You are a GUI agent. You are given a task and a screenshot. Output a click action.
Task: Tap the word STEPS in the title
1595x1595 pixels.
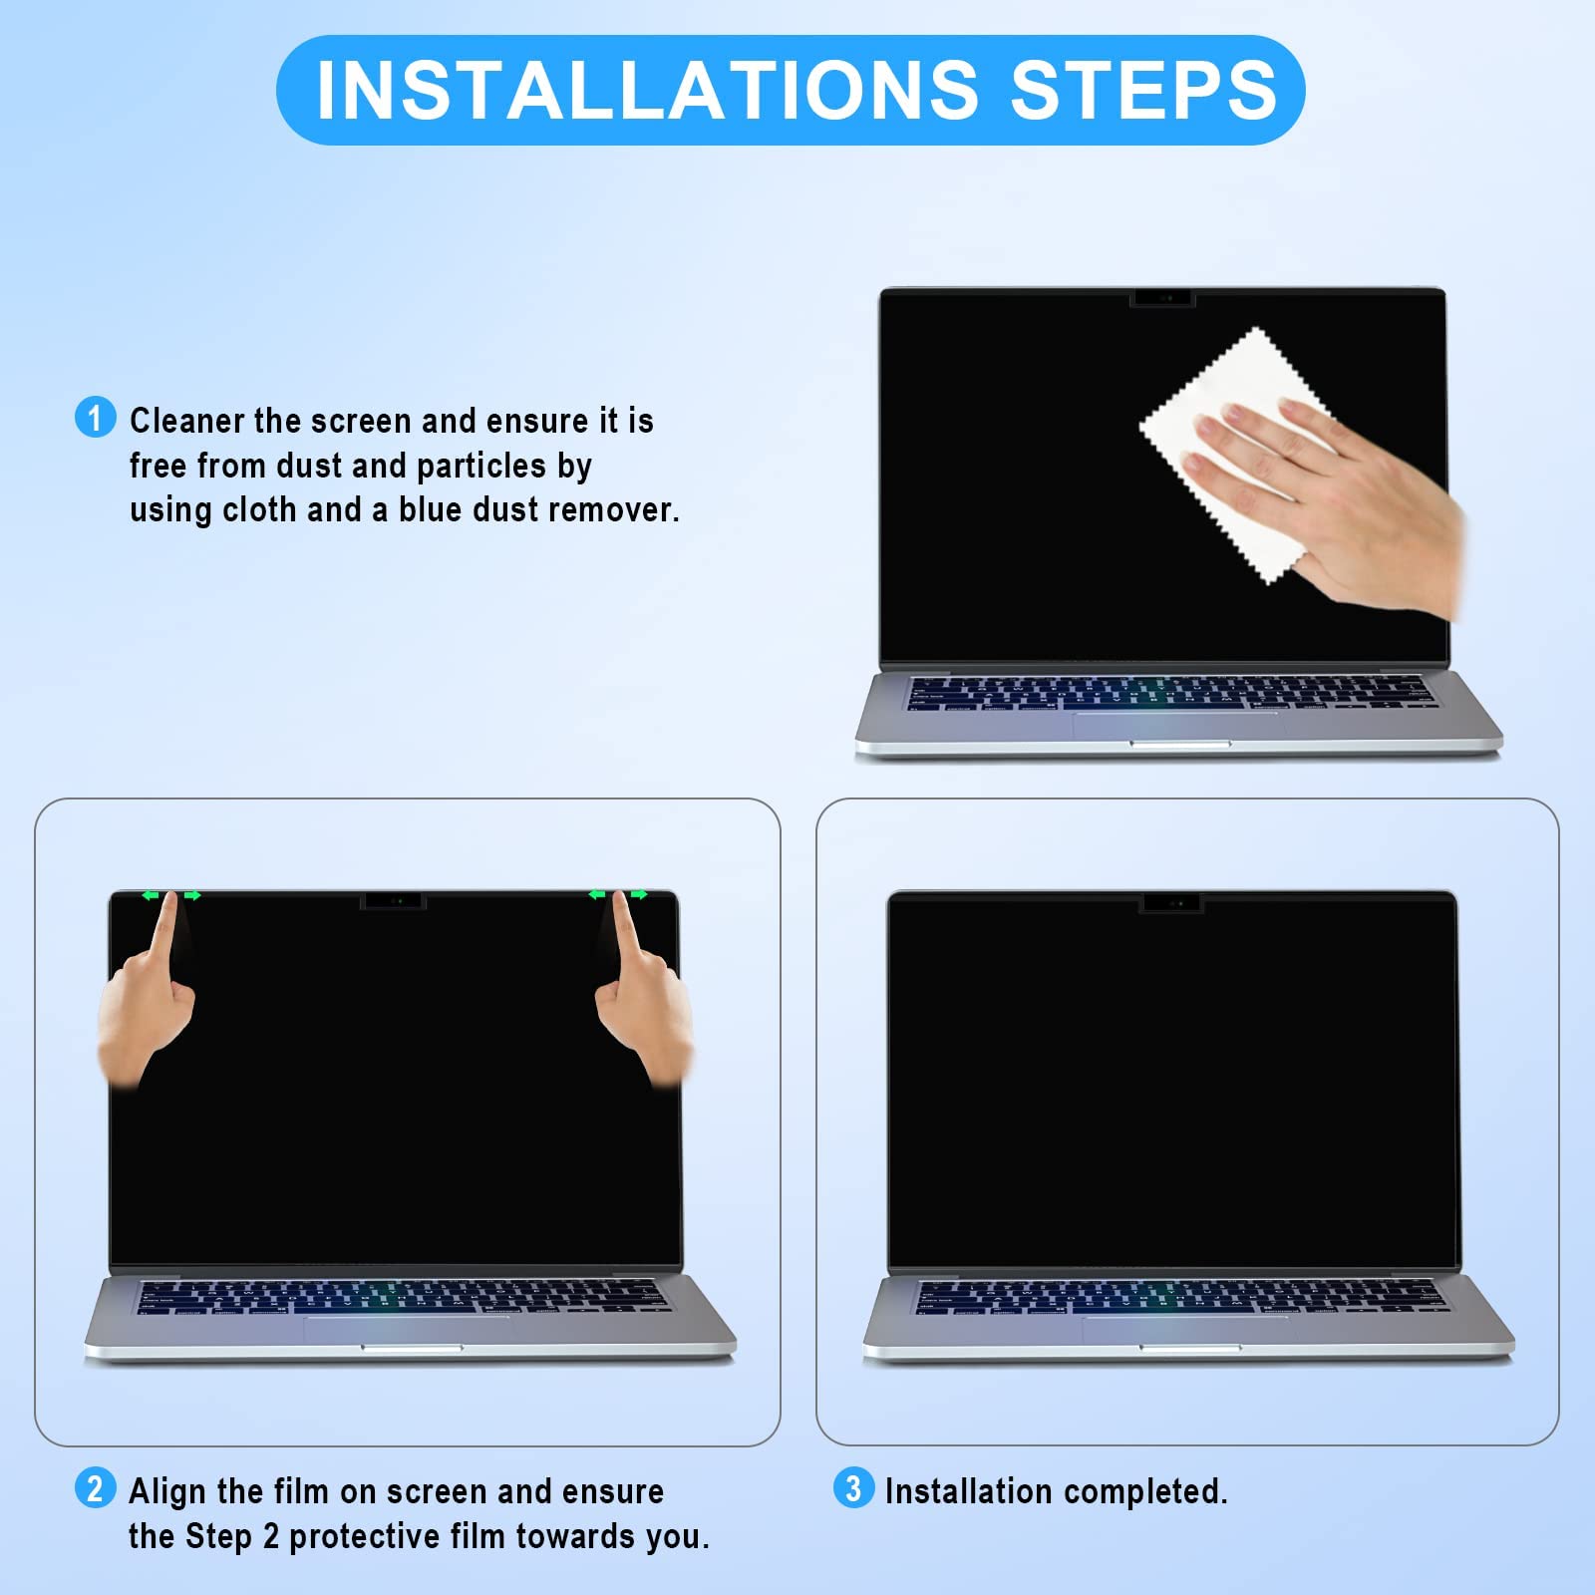click(1143, 90)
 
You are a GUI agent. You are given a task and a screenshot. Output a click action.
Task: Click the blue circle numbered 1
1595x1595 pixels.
click(96, 417)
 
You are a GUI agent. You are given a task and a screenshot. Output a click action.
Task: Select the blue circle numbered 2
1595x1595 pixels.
click(95, 1488)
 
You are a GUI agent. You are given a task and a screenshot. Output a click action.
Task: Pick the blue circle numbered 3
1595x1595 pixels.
click(853, 1488)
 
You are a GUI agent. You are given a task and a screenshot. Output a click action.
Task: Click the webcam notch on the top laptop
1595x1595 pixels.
click(1162, 298)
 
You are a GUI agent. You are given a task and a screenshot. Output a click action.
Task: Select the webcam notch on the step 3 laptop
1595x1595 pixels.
click(1171, 903)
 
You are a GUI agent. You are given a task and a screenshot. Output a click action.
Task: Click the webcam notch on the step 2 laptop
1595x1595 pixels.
click(393, 901)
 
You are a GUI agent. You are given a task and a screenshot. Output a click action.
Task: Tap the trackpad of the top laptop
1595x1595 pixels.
click(1176, 726)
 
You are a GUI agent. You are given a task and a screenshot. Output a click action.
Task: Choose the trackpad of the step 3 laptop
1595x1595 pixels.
click(1186, 1330)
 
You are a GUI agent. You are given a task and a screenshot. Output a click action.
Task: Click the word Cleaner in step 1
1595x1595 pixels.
click(187, 421)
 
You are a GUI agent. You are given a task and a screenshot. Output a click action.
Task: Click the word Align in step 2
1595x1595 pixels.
click(166, 1491)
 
